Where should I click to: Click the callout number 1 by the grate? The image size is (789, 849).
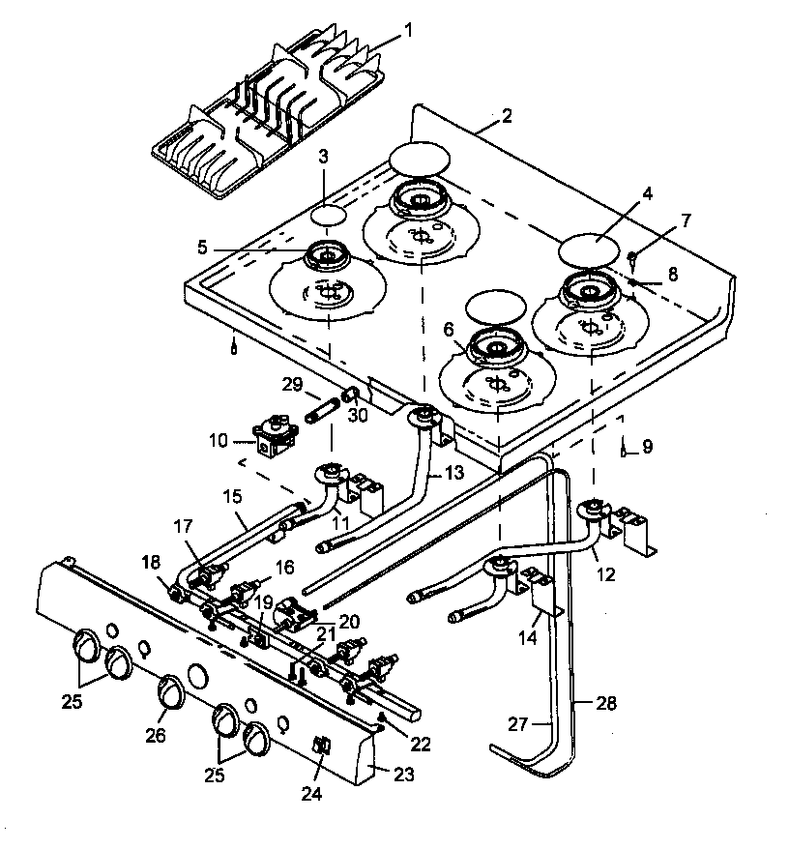pyautogui.click(x=407, y=30)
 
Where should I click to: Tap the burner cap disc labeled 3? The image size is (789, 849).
pyautogui.click(x=332, y=215)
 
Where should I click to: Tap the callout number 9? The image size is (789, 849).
pyautogui.click(x=647, y=447)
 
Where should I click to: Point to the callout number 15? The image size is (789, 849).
pyautogui.click(x=230, y=495)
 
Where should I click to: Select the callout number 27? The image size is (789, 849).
pyautogui.click(x=521, y=723)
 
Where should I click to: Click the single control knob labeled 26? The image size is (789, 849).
pyautogui.click(x=171, y=691)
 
